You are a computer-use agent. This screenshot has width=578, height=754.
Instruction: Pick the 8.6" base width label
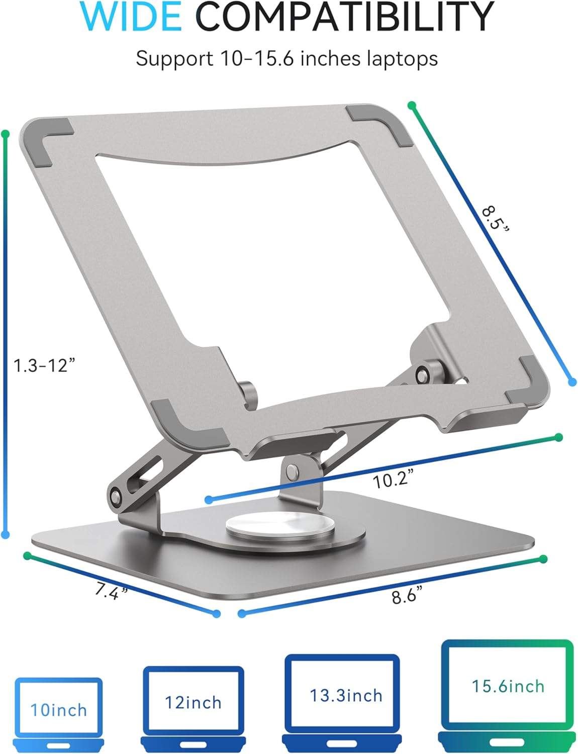point(406,596)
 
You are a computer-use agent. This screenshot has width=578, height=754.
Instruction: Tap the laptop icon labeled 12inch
point(194,706)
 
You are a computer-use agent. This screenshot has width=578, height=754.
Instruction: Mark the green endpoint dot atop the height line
point(6,134)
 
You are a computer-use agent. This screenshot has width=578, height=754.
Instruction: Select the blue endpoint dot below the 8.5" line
point(572,383)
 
